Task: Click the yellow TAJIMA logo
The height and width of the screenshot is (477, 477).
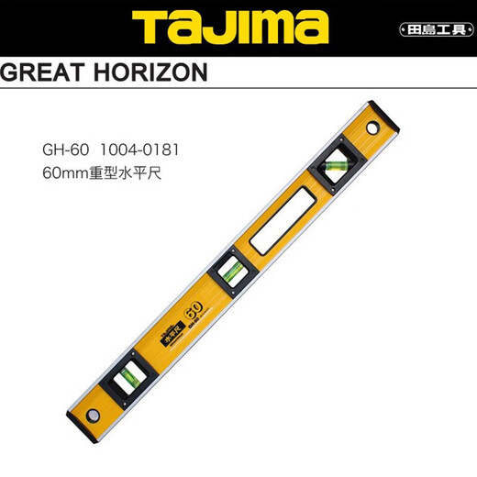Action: coord(238,28)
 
